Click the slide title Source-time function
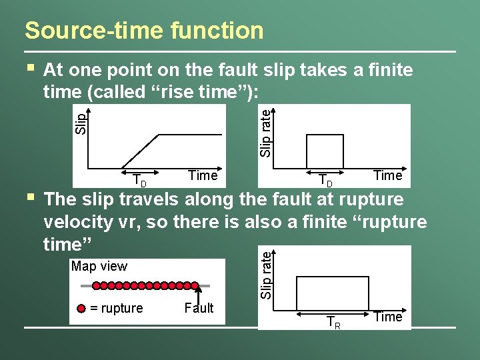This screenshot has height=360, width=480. tap(143, 31)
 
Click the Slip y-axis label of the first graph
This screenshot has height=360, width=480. tap(81, 123)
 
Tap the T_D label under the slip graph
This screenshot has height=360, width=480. tap(139, 180)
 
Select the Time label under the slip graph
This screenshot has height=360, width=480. tap(203, 175)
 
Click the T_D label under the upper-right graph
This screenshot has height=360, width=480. tap(325, 180)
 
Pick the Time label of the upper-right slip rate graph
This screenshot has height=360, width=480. tap(387, 175)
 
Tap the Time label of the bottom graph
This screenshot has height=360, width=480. tap(387, 317)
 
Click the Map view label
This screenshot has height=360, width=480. tap(99, 267)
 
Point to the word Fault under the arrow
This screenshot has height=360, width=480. tap(199, 308)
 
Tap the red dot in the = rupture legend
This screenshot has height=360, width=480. tap(81, 309)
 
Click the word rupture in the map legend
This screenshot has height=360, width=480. tap(121, 308)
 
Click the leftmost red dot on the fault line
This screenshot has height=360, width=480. tap(97, 285)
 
